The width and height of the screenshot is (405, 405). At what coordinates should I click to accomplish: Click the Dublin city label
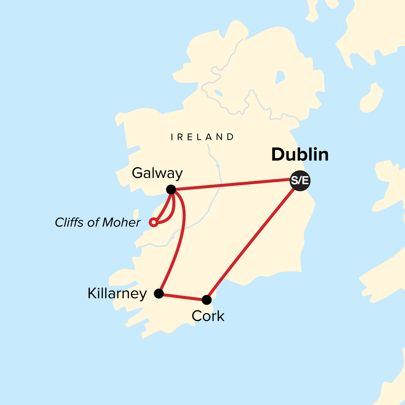[300, 155]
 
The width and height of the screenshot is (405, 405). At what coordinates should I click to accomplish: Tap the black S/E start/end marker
[300, 181]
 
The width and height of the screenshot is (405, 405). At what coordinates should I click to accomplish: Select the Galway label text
[157, 173]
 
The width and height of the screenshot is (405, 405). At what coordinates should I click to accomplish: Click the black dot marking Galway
[171, 190]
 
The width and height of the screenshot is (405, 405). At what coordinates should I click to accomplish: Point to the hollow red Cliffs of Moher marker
[154, 222]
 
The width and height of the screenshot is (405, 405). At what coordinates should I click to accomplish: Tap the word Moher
[122, 222]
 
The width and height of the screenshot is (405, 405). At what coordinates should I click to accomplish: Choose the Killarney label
[117, 294]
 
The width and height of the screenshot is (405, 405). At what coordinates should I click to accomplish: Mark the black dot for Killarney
[159, 294]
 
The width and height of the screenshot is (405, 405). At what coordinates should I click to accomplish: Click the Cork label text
[208, 316]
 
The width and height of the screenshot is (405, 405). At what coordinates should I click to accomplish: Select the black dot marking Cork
[207, 299]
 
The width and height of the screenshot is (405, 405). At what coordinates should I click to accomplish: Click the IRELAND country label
[202, 137]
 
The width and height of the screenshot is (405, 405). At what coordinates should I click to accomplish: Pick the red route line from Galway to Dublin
[233, 184]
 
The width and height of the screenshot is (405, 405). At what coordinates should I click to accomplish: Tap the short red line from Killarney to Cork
[182, 297]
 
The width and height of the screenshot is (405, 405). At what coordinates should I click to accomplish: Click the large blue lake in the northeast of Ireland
[280, 77]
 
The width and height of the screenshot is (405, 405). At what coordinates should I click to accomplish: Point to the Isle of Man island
[369, 98]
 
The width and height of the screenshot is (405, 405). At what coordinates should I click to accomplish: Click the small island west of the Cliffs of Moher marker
[136, 214]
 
